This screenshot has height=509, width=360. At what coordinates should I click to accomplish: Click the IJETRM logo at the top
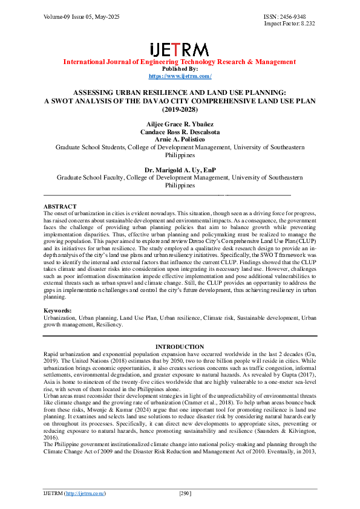(x=180, y=50)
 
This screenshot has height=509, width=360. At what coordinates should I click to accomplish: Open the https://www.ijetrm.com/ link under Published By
(x=180, y=76)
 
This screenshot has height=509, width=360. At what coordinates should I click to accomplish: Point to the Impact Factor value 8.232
(x=304, y=24)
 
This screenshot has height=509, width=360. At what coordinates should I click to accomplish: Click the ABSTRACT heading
(x=60, y=206)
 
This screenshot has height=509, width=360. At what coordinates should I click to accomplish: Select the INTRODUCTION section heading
(x=180, y=347)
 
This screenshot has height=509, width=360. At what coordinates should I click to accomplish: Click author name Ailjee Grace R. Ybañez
(x=180, y=124)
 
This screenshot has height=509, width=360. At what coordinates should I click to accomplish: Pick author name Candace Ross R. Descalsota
(x=180, y=132)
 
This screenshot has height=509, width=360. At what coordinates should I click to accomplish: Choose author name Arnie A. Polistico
(x=180, y=139)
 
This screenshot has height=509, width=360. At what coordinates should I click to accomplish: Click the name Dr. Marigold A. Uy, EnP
(x=180, y=170)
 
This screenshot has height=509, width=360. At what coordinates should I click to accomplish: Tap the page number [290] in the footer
(x=185, y=493)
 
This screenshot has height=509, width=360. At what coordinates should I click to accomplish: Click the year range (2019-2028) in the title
(x=180, y=110)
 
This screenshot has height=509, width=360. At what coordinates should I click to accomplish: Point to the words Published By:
(x=180, y=69)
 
